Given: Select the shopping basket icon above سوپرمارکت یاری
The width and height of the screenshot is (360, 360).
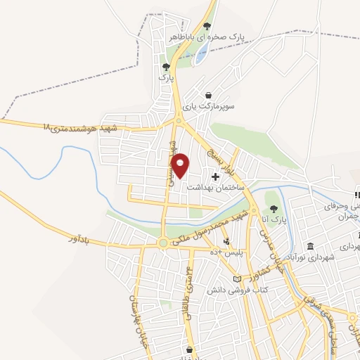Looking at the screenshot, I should (208, 95).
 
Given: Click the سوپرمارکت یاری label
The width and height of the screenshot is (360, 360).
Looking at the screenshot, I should (208, 107).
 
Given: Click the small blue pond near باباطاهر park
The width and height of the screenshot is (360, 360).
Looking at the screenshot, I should (200, 55).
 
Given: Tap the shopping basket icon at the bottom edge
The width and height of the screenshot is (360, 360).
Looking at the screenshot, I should (189, 349).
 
